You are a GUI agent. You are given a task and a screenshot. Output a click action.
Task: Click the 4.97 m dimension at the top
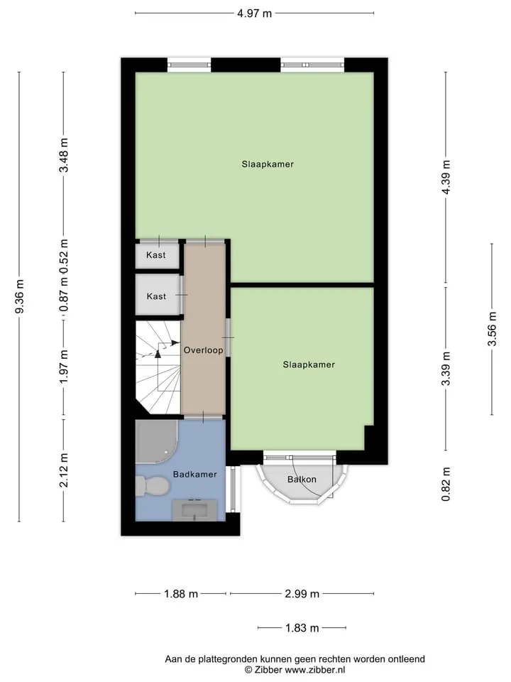click(254, 13)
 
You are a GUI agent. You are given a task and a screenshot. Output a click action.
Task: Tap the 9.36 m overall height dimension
click(20, 296)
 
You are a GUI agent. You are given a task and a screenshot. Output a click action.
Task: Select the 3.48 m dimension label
click(64, 155)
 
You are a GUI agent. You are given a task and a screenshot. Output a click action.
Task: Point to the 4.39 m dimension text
click(446, 178)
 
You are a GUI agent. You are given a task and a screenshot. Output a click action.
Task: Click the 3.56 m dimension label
click(492, 329)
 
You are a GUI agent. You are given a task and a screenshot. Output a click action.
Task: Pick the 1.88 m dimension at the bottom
click(181, 594)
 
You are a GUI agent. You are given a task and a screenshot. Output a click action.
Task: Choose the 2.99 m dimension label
click(302, 594)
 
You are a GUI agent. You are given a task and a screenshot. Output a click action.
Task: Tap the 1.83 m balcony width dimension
click(302, 628)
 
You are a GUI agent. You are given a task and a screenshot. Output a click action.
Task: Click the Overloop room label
click(204, 350)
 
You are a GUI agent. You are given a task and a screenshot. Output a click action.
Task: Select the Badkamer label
click(194, 474)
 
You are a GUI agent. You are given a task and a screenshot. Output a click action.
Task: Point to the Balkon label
click(302, 480)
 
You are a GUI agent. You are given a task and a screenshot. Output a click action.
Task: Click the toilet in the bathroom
click(152, 486)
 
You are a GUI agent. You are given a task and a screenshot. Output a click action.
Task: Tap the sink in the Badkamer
click(194, 510)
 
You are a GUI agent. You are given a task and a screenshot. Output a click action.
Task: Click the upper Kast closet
click(157, 256)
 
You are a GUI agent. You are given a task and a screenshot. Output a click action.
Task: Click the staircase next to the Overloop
click(158, 367)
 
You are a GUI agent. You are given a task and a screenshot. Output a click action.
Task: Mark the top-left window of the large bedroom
click(189, 65)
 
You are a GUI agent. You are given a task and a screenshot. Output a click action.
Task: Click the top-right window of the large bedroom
click(312, 65)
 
